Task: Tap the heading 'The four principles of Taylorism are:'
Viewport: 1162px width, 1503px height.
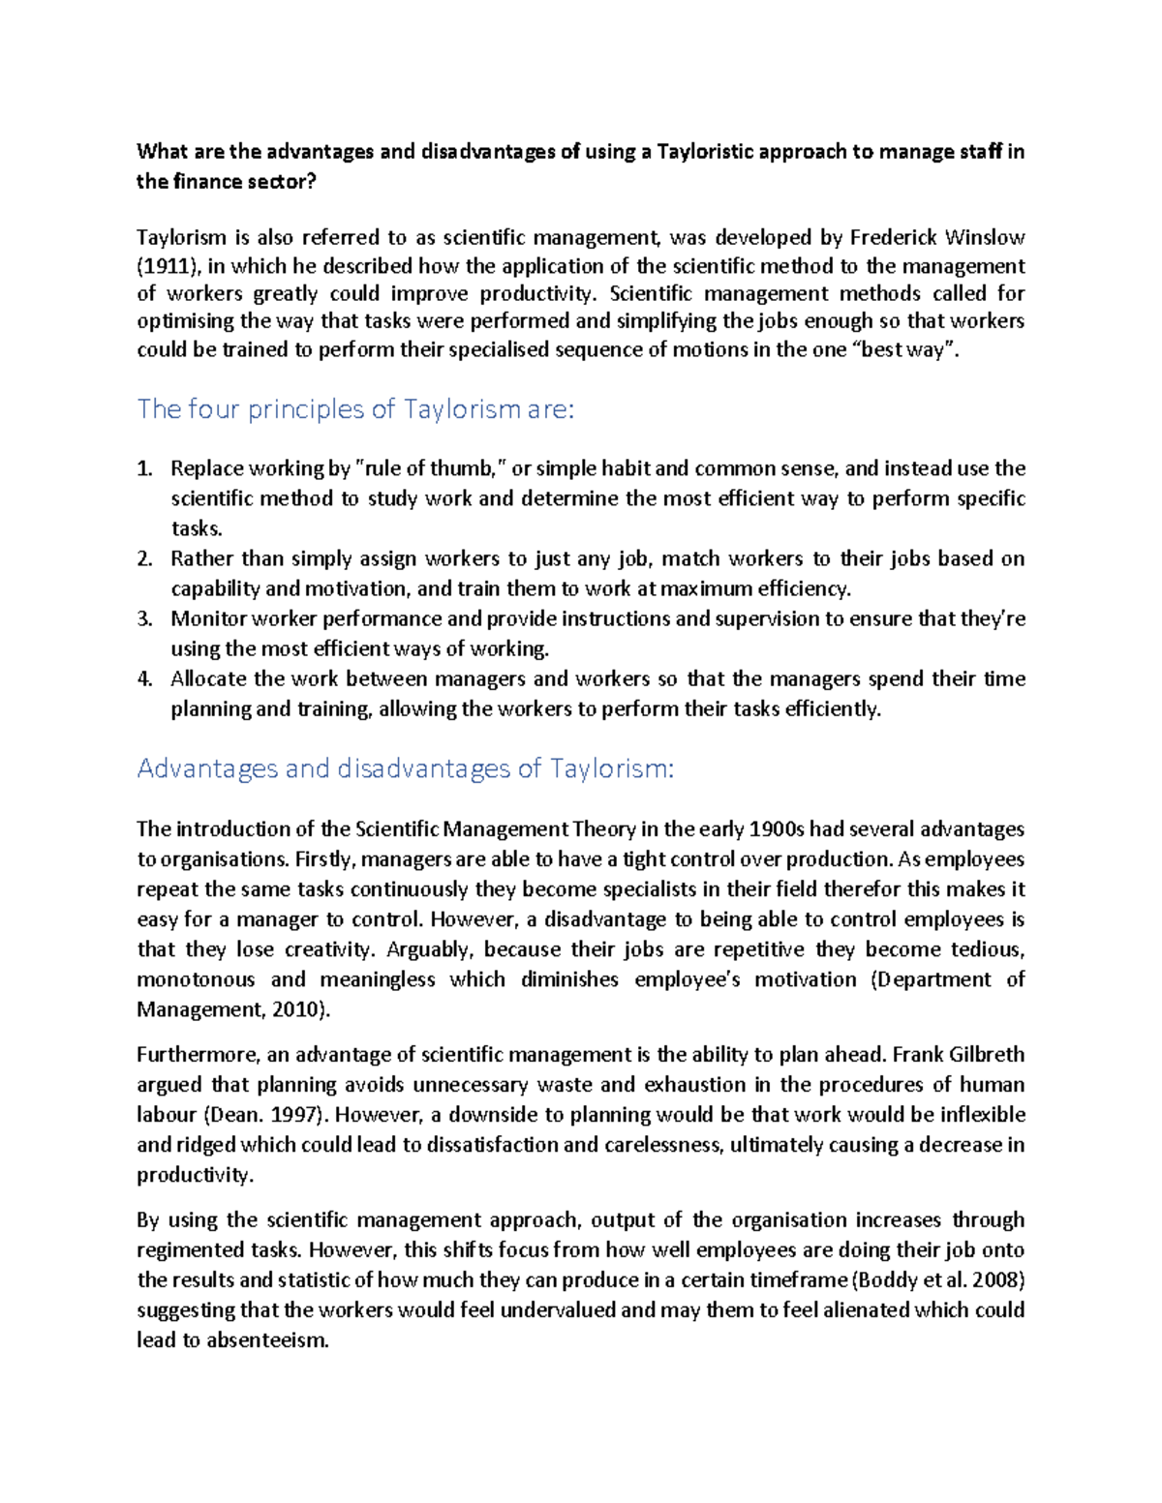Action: pos(355,409)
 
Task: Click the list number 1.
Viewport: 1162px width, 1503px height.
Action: pos(144,469)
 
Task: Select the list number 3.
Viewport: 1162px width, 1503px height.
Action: pos(144,618)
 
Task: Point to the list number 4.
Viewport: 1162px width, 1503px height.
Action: pos(144,678)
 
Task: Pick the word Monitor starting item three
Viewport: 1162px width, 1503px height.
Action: pos(205,618)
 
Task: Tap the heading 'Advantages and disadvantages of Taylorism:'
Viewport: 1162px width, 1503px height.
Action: pos(405,768)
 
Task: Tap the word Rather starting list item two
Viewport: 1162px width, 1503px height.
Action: pos(201,558)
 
